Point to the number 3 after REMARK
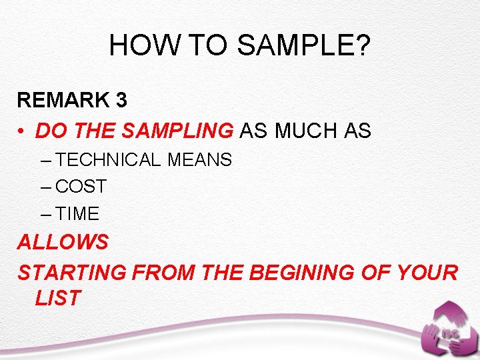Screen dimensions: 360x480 point(121,100)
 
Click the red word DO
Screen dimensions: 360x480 point(48,131)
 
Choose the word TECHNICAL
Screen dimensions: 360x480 point(109,160)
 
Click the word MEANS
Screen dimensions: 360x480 point(200,160)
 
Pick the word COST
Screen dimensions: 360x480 point(81,187)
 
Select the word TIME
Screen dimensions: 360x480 point(78,214)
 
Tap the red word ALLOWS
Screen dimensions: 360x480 point(63,242)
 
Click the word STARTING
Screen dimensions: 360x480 point(72,273)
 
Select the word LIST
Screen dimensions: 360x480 point(58,298)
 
